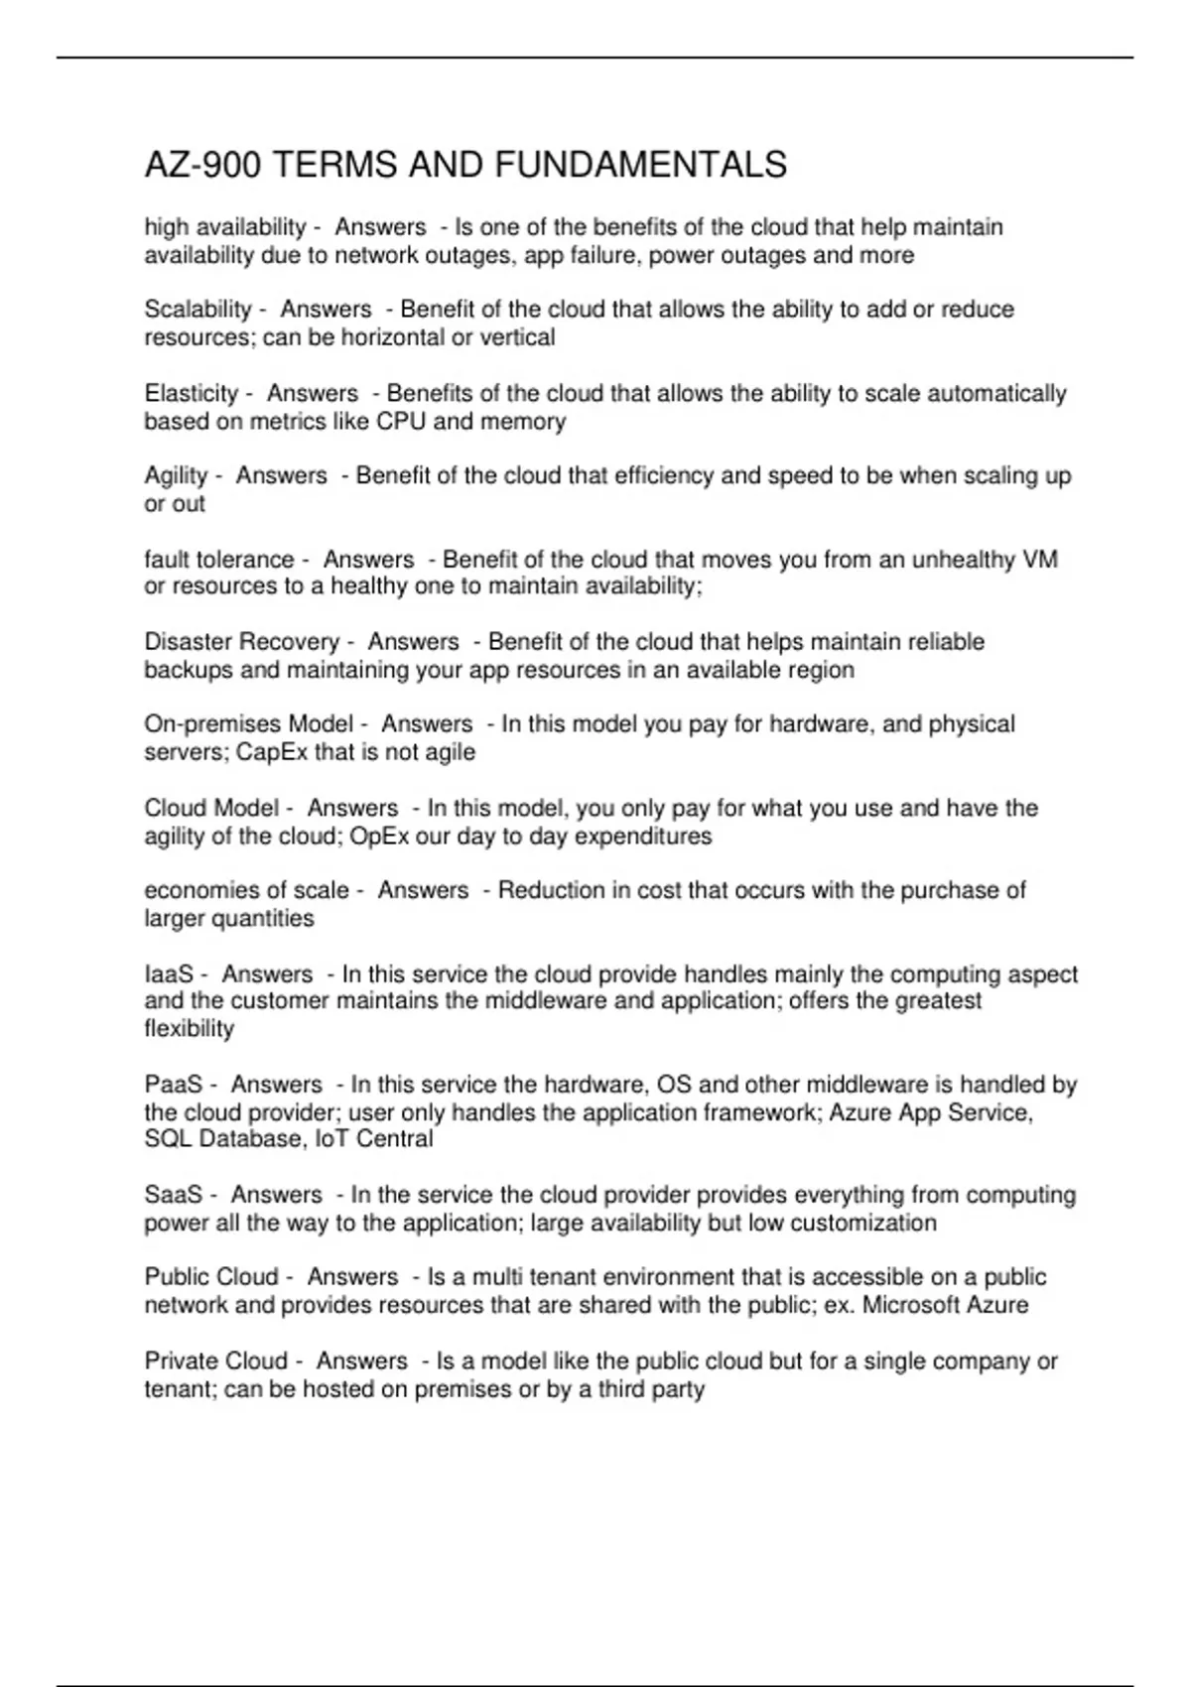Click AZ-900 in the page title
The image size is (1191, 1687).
pyautogui.click(x=202, y=165)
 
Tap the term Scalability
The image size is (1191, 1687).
pyautogui.click(x=198, y=310)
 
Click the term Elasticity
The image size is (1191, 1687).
pyautogui.click(x=192, y=394)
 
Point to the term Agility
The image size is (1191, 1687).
pyautogui.click(x=176, y=476)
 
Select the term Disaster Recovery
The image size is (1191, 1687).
pyautogui.click(x=241, y=642)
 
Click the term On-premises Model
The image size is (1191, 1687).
pyautogui.click(x=248, y=724)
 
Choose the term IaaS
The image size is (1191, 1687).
pyautogui.click(x=168, y=974)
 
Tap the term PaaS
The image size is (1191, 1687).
pyautogui.click(x=173, y=1085)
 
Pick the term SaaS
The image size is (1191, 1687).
pyautogui.click(x=173, y=1195)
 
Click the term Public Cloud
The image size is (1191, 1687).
pyautogui.click(x=210, y=1277)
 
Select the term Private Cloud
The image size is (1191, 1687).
pyautogui.click(x=215, y=1361)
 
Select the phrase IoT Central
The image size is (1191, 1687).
pyautogui.click(x=374, y=1139)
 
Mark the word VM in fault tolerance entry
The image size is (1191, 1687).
pyautogui.click(x=1039, y=560)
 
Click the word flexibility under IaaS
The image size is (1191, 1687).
pyautogui.click(x=189, y=1029)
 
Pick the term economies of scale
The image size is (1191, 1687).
pyautogui.click(x=246, y=891)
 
